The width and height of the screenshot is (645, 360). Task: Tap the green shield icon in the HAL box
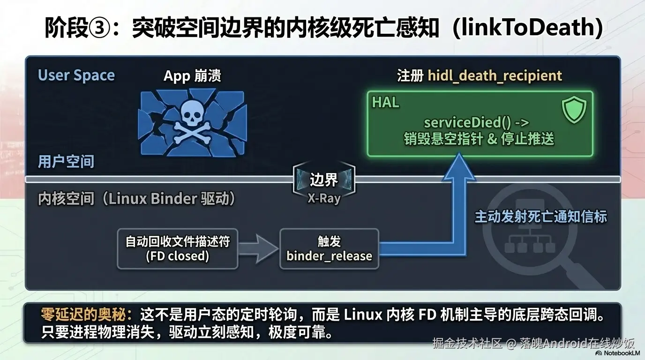coord(574,109)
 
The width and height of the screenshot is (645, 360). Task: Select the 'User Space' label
coord(76,75)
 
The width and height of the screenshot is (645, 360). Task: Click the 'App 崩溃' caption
coord(192,76)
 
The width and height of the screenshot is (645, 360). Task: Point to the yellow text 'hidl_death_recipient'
coord(495,75)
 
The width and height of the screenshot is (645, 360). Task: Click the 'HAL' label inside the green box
coord(386,102)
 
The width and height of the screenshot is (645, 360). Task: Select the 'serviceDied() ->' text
coord(477,122)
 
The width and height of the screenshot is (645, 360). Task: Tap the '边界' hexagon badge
coord(324,180)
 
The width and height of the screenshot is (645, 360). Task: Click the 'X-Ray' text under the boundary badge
coord(324,198)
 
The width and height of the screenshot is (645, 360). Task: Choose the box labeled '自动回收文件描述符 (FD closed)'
coord(178,249)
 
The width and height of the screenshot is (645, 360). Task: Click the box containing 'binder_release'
coord(329,249)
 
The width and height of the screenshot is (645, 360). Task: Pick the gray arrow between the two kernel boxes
coord(258,249)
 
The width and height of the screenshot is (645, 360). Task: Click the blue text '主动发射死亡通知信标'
coord(541,217)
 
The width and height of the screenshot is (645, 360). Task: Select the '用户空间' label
coord(66,161)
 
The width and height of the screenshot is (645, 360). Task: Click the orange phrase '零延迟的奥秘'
coord(83,314)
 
